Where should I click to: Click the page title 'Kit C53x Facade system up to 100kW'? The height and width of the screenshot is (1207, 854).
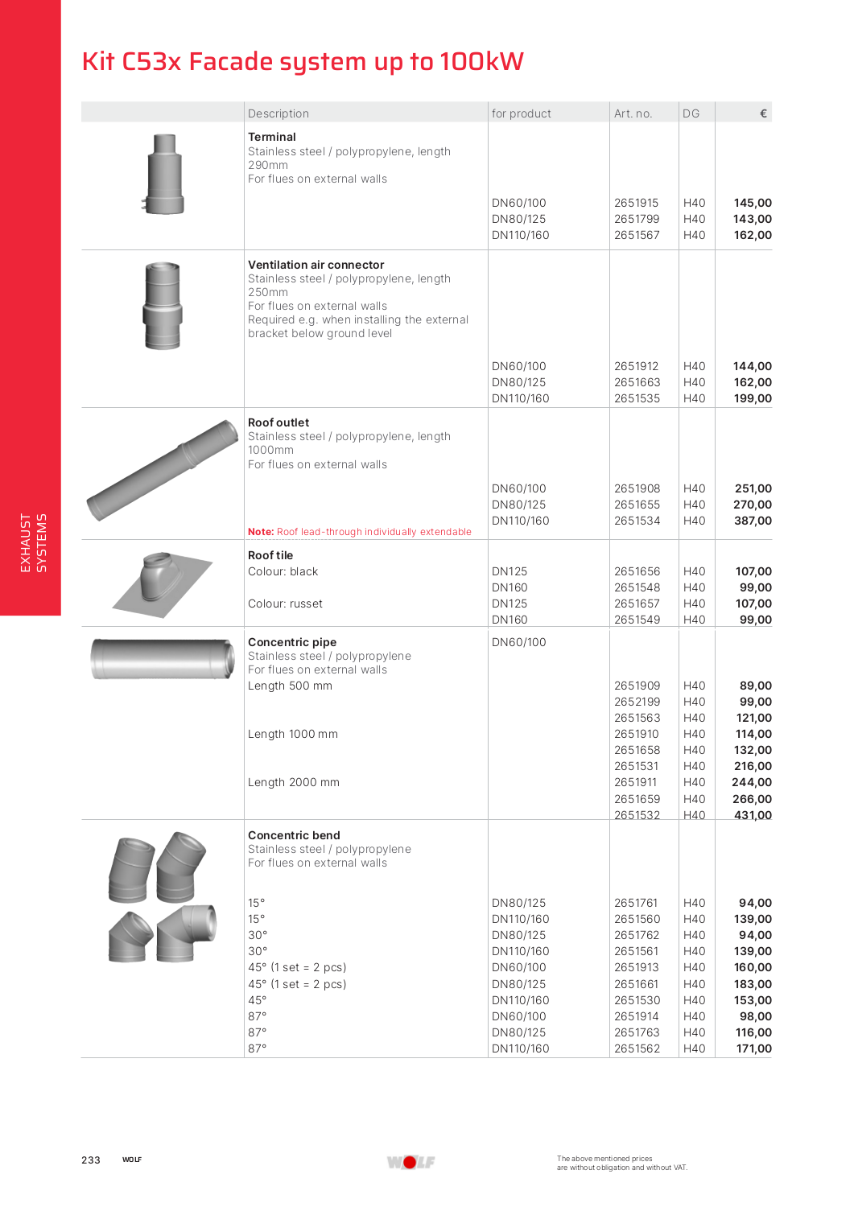[303, 62]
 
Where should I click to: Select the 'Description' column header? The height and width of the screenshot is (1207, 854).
[278, 113]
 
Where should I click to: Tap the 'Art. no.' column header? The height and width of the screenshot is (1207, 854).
[633, 113]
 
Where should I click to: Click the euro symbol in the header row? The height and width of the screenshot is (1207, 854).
[763, 113]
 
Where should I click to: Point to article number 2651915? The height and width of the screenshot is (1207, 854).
[636, 203]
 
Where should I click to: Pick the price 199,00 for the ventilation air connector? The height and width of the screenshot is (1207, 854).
[753, 398]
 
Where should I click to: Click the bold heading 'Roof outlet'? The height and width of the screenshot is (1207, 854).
[278, 422]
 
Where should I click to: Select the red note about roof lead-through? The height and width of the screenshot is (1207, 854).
[360, 532]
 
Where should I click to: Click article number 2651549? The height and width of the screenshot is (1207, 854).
[637, 620]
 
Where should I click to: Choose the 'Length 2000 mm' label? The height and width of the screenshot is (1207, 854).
[294, 782]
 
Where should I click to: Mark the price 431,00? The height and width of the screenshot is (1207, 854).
[753, 815]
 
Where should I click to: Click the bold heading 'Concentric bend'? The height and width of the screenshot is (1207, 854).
[294, 835]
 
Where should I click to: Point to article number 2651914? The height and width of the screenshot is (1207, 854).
[636, 1016]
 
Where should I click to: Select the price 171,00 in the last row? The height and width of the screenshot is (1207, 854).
[753, 1048]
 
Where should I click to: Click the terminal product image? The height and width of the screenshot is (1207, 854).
[164, 175]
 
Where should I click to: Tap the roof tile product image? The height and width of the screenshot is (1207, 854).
[162, 583]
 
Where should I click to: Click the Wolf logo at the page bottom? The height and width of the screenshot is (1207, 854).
[410, 1162]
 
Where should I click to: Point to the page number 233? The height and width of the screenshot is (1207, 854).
[91, 1160]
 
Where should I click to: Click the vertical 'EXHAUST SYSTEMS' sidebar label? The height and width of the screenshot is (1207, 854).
[33, 543]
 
